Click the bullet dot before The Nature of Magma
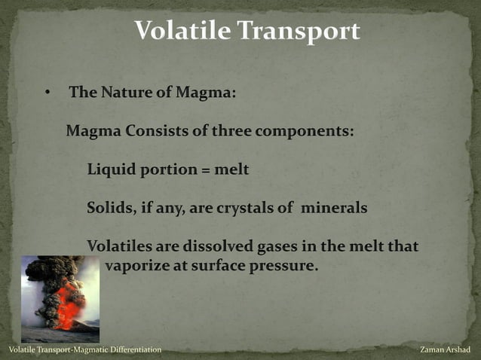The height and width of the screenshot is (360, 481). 46,93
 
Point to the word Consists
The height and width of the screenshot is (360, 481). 156,130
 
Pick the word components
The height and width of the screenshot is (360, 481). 305,130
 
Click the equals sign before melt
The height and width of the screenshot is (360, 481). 204,170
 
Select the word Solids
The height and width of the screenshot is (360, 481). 110,208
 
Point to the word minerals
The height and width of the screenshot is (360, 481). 334,208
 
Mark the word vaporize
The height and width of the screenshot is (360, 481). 138,265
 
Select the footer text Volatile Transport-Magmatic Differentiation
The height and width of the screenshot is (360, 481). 84,350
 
